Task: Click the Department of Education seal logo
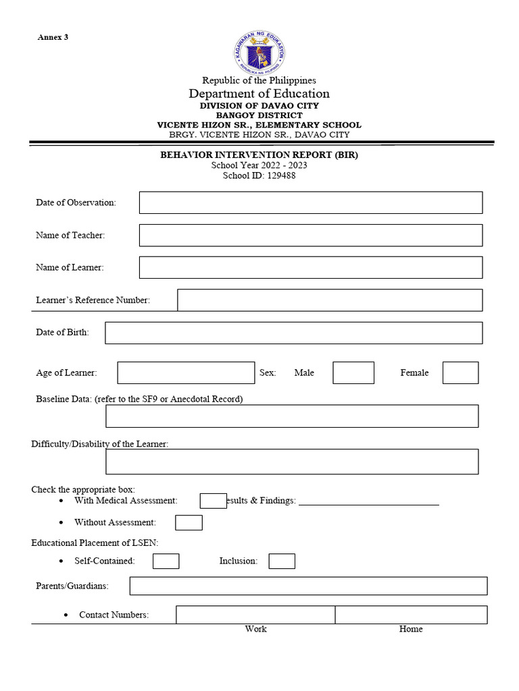[259, 53]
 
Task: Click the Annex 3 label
[53, 38]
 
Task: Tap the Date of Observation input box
[311, 202]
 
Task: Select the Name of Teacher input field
[311, 235]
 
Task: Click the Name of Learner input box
[311, 267]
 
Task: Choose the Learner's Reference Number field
[330, 300]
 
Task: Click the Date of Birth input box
[294, 333]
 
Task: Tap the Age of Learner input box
[186, 372]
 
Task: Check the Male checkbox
[353, 372]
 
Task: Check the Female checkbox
[460, 372]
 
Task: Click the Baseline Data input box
[292, 416]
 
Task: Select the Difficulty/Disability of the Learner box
[292, 462]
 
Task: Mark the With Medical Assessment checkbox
[213, 501]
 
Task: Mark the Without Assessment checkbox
[189, 522]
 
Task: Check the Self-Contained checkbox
[166, 561]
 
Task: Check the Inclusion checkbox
[282, 561]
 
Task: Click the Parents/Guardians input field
[308, 586]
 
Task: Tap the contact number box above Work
[255, 615]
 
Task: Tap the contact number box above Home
[411, 615]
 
